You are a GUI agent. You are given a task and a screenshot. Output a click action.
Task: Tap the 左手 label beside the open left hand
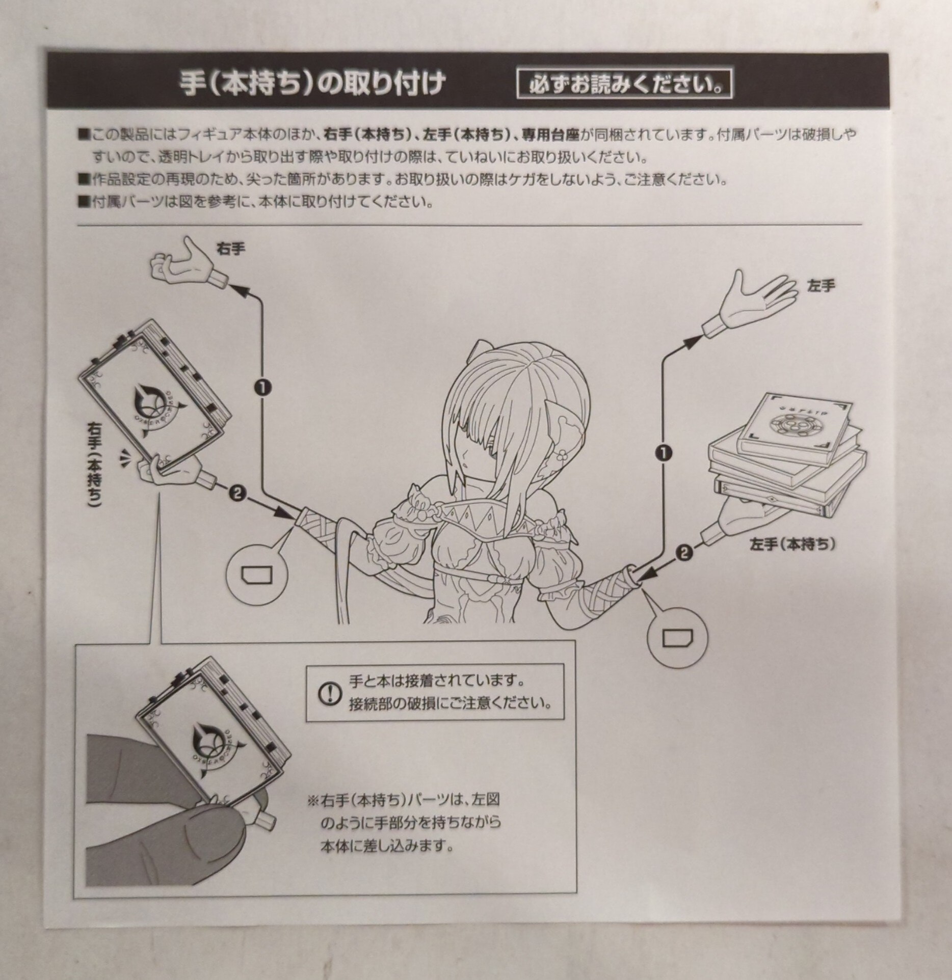(821, 286)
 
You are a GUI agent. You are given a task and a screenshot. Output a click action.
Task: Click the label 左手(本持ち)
(792, 545)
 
